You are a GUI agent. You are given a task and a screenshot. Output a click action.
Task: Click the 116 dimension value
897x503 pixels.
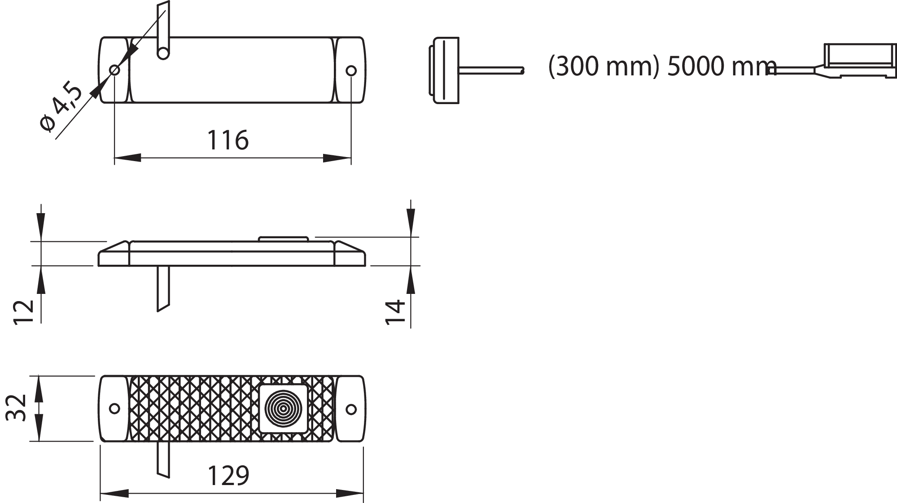point(228,140)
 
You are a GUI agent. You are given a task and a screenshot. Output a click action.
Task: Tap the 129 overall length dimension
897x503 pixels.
point(228,476)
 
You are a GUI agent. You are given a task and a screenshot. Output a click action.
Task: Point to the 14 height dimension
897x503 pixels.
point(395,312)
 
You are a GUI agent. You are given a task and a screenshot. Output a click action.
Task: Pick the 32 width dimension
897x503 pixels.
point(16,408)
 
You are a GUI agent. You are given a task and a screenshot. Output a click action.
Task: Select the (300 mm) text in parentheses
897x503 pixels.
point(604,66)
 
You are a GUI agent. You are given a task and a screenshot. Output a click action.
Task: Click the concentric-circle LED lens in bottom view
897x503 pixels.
point(283,408)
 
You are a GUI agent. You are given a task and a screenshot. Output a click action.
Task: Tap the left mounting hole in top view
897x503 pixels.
point(115,70)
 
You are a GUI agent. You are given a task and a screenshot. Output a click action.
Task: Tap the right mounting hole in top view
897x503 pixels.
point(351,70)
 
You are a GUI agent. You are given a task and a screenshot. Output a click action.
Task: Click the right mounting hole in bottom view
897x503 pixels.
point(351,409)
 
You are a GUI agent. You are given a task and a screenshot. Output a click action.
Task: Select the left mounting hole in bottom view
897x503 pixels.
point(115,408)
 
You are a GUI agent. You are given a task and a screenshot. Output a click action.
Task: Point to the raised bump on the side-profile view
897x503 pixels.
point(283,239)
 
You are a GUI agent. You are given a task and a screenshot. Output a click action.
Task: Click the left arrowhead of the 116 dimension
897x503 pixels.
point(127,158)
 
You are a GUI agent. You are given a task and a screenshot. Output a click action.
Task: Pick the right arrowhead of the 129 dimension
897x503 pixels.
point(350,494)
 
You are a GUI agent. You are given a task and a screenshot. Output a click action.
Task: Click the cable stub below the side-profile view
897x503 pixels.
point(163,287)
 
